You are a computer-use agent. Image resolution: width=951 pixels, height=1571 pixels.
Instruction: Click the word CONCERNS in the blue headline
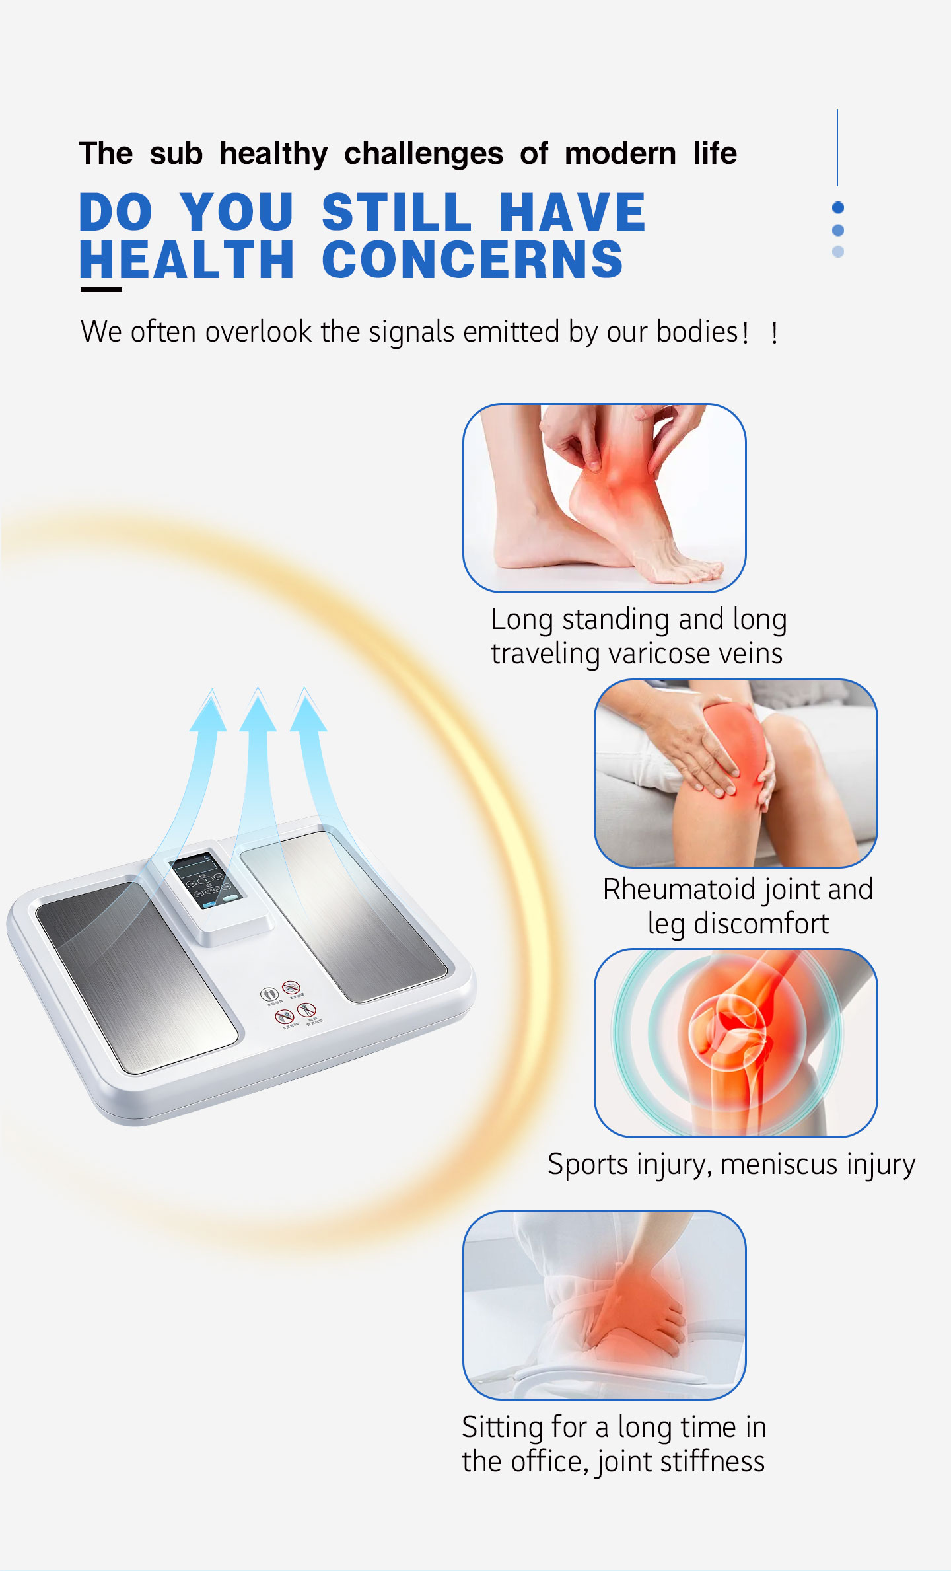pyautogui.click(x=472, y=260)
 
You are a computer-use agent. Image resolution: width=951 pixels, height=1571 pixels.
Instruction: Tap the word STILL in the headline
pyautogui.click(x=396, y=212)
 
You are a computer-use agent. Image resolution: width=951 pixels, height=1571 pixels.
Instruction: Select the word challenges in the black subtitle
pyautogui.click(x=423, y=154)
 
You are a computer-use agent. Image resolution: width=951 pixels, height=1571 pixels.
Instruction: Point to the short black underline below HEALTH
pyautogui.click(x=101, y=289)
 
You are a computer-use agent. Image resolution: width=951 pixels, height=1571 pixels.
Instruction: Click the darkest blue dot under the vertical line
pyautogui.click(x=838, y=208)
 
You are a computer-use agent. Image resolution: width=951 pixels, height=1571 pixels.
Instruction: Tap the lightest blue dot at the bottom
pyautogui.click(x=838, y=252)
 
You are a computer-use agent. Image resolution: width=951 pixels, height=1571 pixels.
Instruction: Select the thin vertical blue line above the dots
pyautogui.click(x=837, y=147)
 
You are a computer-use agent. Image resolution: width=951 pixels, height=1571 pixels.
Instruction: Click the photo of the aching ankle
pyautogui.click(x=604, y=497)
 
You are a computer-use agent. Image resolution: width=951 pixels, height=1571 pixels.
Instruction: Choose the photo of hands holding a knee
pyautogui.click(x=736, y=773)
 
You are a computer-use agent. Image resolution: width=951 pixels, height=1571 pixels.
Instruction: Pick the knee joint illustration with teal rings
pyautogui.click(x=736, y=1042)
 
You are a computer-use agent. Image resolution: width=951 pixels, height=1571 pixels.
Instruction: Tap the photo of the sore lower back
pyautogui.click(x=604, y=1305)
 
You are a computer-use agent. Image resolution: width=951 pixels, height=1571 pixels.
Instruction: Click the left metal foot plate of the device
pyautogui.click(x=135, y=974)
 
